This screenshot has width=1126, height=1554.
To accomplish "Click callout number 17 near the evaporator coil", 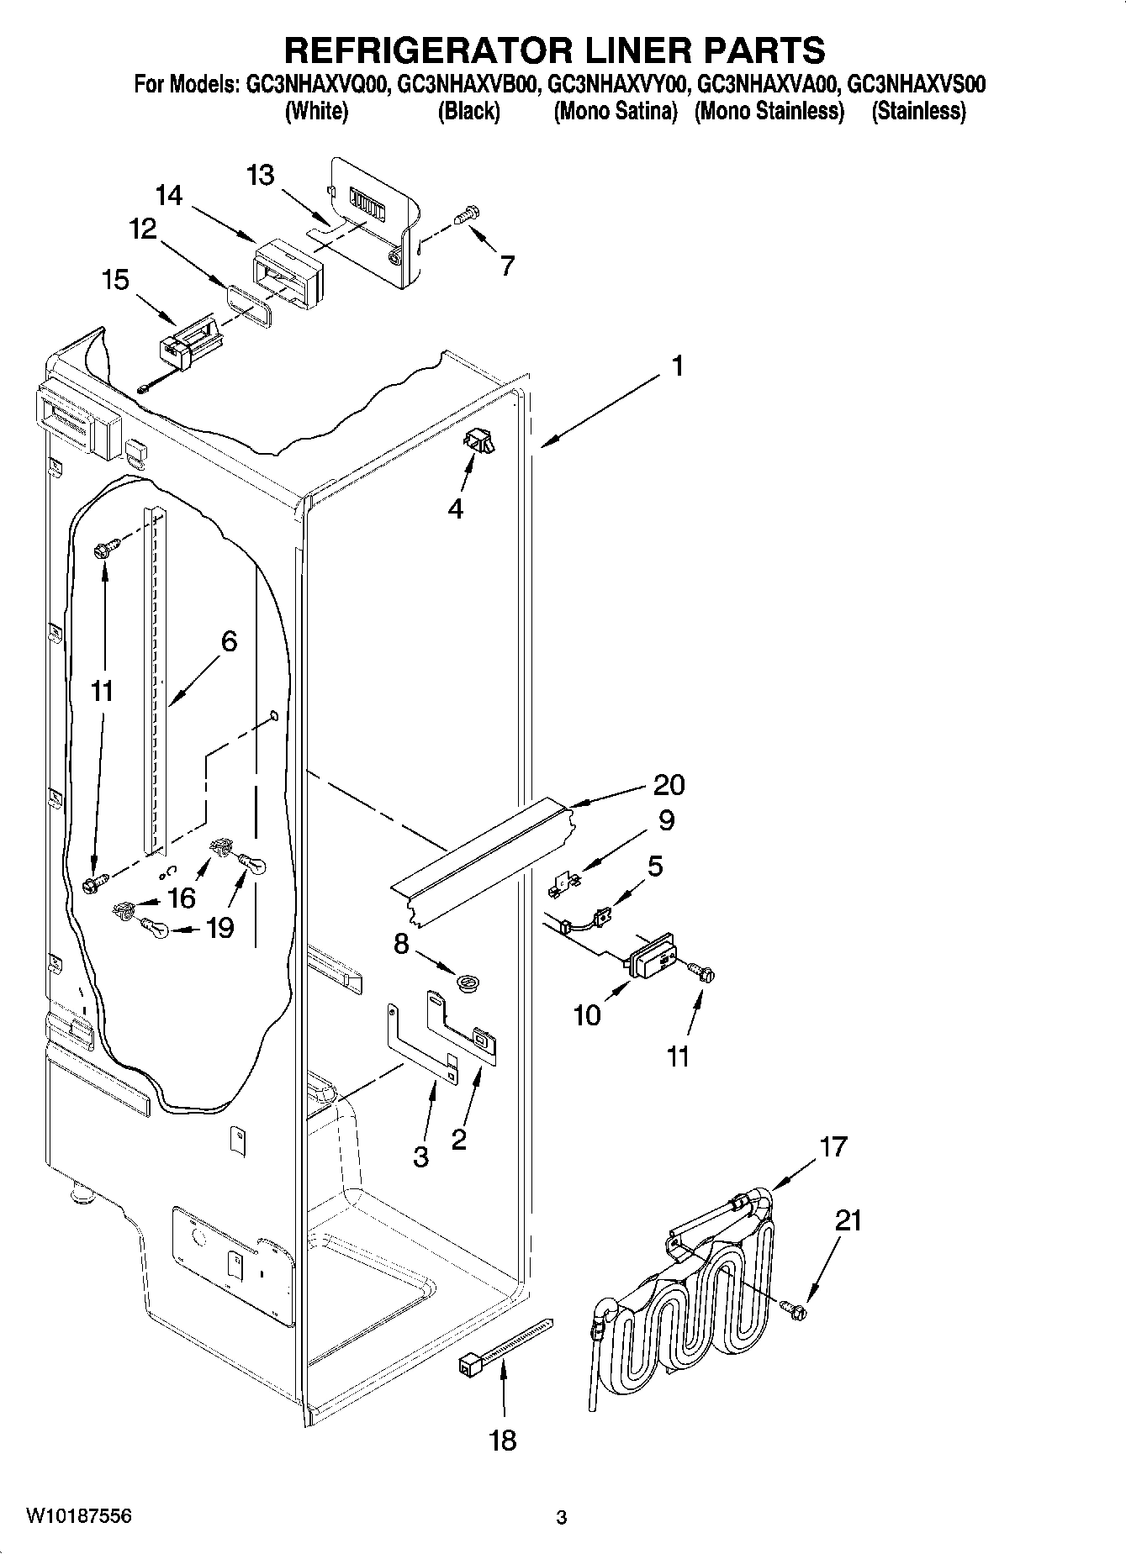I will coord(833,1146).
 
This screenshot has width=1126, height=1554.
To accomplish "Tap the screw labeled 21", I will coord(793,1308).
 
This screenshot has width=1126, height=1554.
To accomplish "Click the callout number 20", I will coord(669,784).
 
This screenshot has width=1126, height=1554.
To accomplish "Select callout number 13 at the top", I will coord(261,176).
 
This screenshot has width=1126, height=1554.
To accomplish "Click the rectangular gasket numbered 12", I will coord(249,303).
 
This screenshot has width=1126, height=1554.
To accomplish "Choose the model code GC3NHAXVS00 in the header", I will coord(917,85).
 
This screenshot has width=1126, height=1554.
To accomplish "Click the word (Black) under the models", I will coord(468,111).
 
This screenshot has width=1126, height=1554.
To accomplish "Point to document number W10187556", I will coord(79,1516).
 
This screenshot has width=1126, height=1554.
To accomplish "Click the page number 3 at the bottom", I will coord(562,1518).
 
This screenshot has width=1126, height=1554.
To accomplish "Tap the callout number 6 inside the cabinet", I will coord(229,641).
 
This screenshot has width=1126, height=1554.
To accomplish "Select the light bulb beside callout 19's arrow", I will coord(155,928).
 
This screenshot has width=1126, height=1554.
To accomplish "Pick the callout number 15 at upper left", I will coord(115,280).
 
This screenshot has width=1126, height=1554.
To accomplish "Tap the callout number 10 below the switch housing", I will coord(587,1014).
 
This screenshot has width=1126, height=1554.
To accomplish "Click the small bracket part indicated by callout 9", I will coord(567,883).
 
